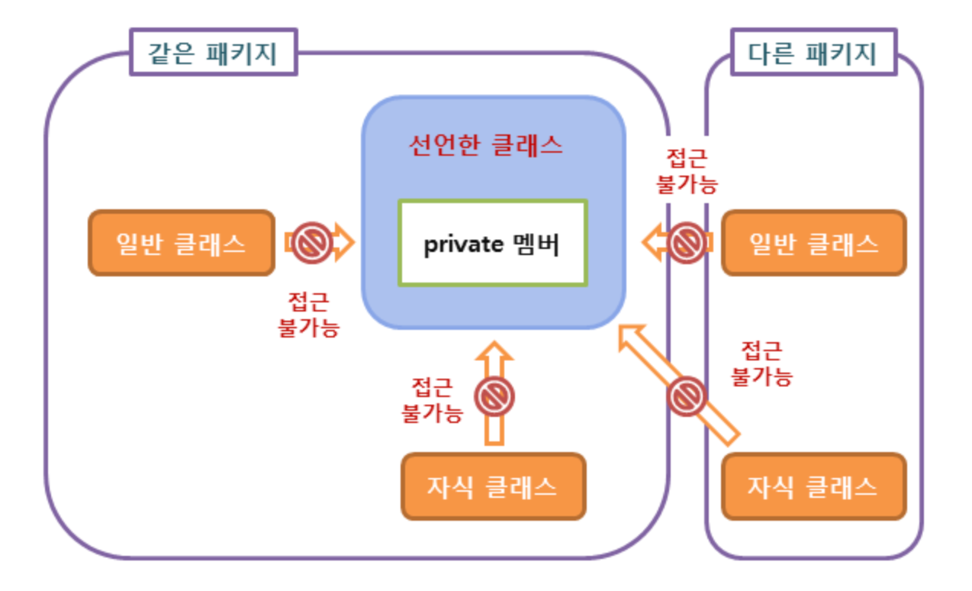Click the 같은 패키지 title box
(213, 53)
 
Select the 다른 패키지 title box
(812, 53)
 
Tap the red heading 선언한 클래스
(486, 145)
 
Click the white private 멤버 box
(492, 243)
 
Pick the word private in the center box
(463, 244)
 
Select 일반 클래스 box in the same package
(182, 243)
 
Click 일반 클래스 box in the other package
(813, 243)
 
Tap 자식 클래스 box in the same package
(493, 486)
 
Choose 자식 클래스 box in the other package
(813, 486)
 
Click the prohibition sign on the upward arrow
(494, 396)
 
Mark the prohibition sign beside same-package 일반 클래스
(313, 243)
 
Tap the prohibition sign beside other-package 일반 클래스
(687, 242)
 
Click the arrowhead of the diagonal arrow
(629, 337)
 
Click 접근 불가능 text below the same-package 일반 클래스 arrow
(308, 315)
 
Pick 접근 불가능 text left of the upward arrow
(432, 399)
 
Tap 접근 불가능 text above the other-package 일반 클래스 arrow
(687, 171)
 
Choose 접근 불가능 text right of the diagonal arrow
(762, 363)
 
